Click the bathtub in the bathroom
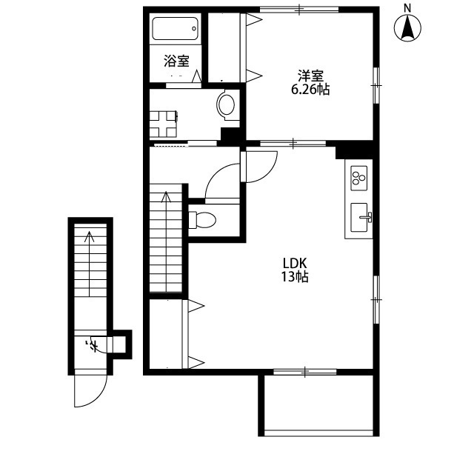point(175,28)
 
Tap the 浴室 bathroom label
point(176,61)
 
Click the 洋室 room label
point(310,76)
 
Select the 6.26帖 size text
point(310,90)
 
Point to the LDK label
point(295,264)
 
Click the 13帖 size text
point(295,276)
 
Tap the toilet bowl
point(202,220)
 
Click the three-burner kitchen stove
point(358,178)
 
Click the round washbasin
point(226,104)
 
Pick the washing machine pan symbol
point(163,124)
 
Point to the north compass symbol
point(407,28)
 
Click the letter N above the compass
point(408,8)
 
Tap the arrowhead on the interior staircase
point(166,196)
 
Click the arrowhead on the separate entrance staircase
point(89,237)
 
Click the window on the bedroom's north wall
point(299,10)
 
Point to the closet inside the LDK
point(166,334)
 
